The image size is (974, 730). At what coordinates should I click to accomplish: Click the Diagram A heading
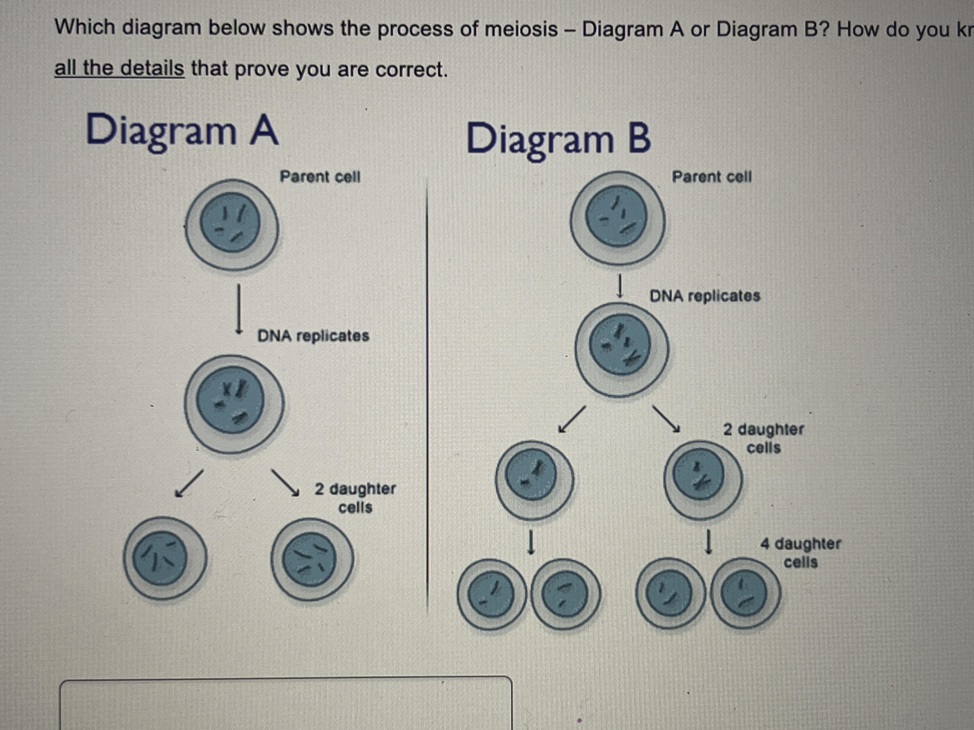coord(182,129)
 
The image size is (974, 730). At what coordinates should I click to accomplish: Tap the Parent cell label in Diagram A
coord(320,177)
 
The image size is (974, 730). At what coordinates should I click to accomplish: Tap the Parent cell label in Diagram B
coord(712,177)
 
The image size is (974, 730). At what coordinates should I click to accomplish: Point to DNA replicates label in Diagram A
coord(313,336)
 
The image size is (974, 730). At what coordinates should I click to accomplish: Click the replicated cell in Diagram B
coord(622,350)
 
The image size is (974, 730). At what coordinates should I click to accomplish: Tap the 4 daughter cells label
coord(801,553)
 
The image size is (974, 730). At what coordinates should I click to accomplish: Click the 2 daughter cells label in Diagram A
coord(355,498)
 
